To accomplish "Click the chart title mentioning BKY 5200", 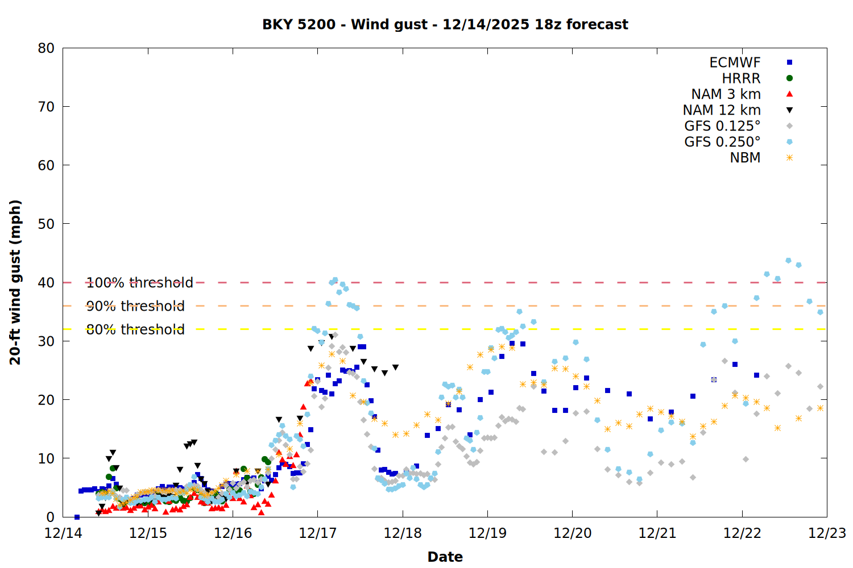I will point(445,24).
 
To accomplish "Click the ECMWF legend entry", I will point(735,62).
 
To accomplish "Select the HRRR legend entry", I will point(741,78).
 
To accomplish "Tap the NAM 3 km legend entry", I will point(726,94).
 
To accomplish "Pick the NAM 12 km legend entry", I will point(722,110).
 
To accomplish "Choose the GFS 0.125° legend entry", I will point(722,126).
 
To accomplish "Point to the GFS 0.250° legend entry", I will point(722,142).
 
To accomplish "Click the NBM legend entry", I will point(745,158).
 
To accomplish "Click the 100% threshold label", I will point(139,283).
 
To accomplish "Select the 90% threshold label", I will point(135,306).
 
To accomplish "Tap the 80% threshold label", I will point(135,329).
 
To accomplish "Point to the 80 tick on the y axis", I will point(46,48).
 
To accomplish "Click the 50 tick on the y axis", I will point(46,224).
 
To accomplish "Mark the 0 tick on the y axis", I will point(50,517).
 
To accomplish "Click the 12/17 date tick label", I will point(317,533).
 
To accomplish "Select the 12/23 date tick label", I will point(827,533).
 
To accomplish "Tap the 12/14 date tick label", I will point(63,533).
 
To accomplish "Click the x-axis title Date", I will point(445,557).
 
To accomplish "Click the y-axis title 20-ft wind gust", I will point(15,282).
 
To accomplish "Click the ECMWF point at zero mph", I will point(77,517).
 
